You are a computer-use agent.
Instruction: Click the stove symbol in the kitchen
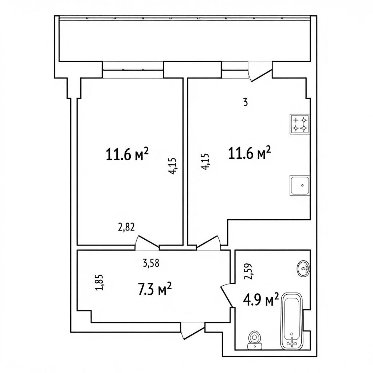pos(300,124)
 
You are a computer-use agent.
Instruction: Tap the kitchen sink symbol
pos(300,185)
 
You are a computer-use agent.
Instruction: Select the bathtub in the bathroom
pos(292,321)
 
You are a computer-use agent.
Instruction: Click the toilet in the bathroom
pos(255,340)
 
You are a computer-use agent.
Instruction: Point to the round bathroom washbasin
pos(303,269)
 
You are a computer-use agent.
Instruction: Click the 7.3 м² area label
pos(155,288)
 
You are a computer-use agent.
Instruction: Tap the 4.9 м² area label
pos(261,299)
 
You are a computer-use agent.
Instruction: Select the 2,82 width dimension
pos(126,227)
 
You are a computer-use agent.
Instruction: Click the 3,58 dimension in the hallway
pos(151,263)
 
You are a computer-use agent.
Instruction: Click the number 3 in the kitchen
pos(246,102)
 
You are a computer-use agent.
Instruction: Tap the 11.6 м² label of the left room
pos(127,154)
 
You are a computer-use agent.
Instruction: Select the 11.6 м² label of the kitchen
pos(250,153)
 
